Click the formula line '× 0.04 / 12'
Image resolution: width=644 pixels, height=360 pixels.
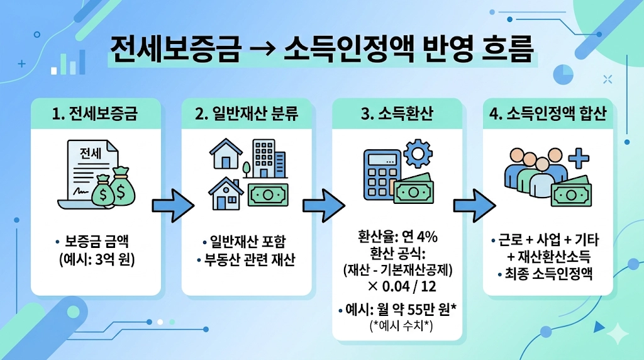click(x=397, y=286)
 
